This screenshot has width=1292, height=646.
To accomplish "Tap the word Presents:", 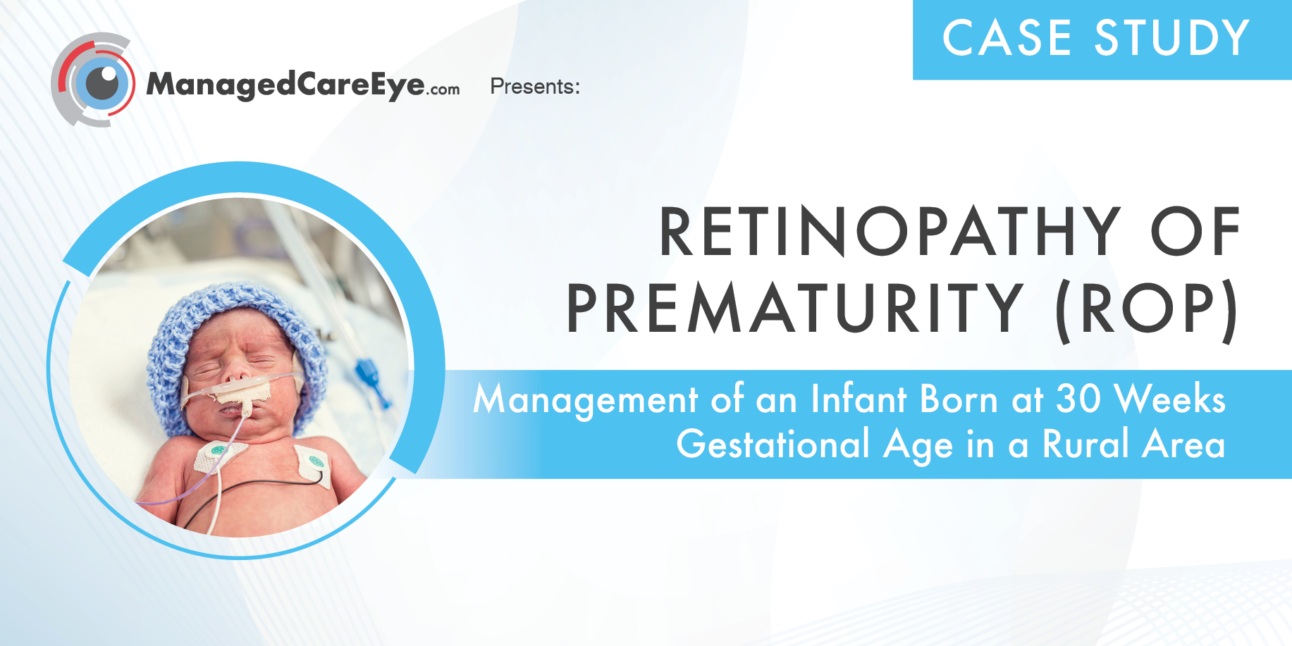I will tap(534, 87).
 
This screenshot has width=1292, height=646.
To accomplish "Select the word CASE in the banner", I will tap(1007, 38).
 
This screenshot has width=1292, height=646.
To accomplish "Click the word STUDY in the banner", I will tap(1172, 38).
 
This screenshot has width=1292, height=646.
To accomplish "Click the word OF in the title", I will tap(1195, 232).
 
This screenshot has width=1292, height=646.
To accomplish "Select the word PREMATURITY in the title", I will tap(795, 309).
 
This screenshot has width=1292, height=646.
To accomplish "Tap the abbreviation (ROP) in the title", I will tap(1147, 310).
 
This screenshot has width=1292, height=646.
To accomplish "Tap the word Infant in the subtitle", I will tap(859, 399).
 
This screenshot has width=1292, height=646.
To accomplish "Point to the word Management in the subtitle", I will tap(585, 400).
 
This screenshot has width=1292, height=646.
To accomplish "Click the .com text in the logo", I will tap(443, 89).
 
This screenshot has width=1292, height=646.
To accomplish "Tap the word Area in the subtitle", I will tap(1183, 445).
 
